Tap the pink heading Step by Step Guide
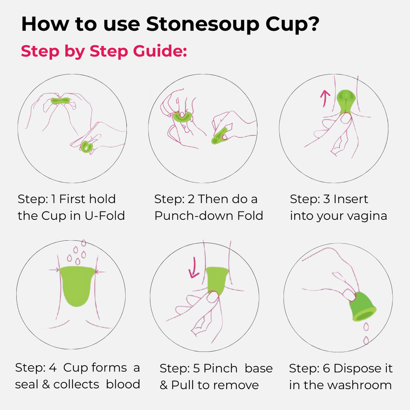pos(104,51)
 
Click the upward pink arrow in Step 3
pos(326,98)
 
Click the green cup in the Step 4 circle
pos(78,284)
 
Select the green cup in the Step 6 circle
pos(362,307)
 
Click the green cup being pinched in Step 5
pos(217,280)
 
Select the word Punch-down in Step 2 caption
pos(188,216)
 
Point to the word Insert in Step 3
pos(351,199)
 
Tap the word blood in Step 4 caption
pos(123,384)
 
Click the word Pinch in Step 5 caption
pos(220,368)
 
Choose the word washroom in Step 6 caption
pos(359,385)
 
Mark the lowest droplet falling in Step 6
pos(366,340)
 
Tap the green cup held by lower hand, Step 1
pos(86,147)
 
